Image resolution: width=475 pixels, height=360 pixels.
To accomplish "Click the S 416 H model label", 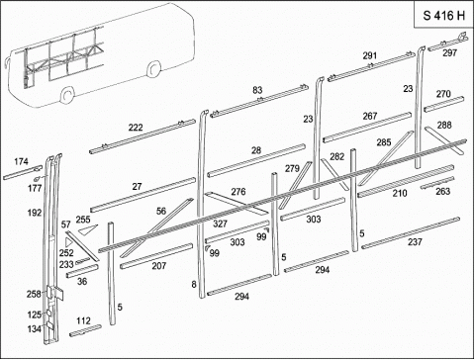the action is (444, 16).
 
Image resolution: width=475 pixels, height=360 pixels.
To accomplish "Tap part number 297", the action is (449, 52).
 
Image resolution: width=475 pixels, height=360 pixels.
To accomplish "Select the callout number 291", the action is (370, 55).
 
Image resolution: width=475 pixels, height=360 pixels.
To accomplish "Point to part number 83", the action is (257, 90).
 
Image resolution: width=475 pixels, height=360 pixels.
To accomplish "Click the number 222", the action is (136, 128).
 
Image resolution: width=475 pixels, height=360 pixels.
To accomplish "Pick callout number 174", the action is (21, 161).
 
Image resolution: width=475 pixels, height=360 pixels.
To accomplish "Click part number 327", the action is (220, 224).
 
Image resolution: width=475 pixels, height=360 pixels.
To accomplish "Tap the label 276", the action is (238, 192).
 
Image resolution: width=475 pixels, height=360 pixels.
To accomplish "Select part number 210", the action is (400, 193).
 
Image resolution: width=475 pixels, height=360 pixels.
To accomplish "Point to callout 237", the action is (415, 242).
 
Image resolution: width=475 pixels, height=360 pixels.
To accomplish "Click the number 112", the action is (83, 320).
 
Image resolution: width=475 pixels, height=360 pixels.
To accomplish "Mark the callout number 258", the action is (34, 294).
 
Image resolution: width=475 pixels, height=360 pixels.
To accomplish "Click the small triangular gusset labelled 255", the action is (88, 229).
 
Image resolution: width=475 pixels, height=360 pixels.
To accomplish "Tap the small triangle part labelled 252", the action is (68, 242).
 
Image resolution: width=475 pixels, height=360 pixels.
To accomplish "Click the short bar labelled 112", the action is (85, 330).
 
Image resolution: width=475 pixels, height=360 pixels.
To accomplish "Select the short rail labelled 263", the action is (437, 183).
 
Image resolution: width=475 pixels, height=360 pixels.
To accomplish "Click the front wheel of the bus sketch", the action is (67, 95).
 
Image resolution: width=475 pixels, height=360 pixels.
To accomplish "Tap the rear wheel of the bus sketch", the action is (153, 70).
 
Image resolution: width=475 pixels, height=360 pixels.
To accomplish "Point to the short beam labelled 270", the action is (444, 104).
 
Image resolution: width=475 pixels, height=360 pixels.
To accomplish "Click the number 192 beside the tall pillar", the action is (35, 213).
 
